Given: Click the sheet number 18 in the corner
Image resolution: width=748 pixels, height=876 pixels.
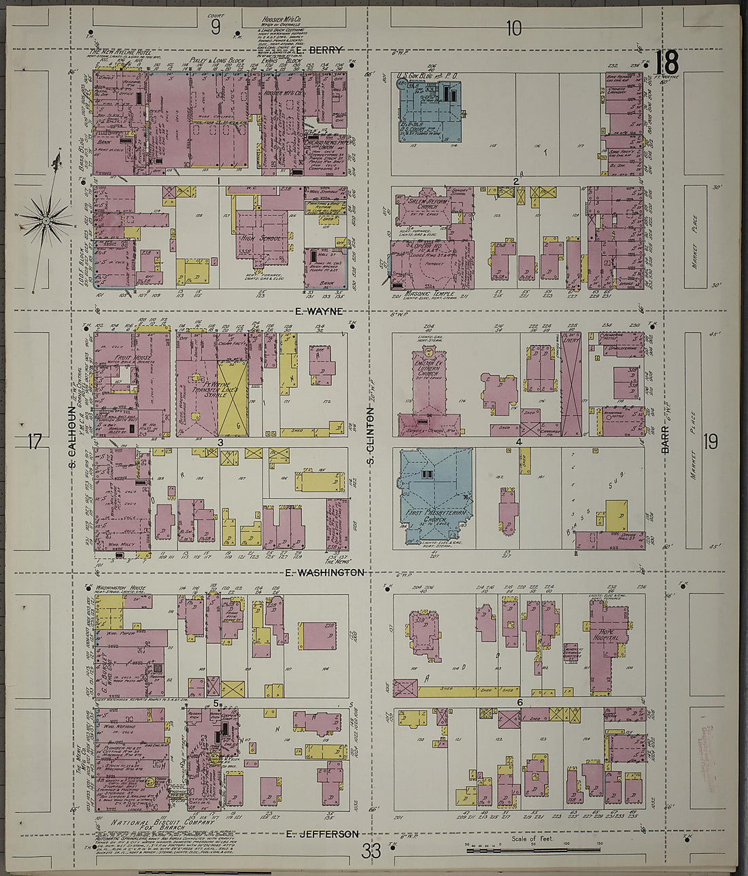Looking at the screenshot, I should point(666,63).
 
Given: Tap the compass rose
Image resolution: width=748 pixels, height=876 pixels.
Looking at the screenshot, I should point(46,219).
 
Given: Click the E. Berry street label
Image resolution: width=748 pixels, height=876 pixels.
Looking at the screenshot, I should point(320,50).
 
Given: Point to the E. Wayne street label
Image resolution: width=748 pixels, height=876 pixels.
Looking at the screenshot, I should point(319,311).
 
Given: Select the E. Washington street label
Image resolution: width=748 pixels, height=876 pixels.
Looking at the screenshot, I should point(325,572).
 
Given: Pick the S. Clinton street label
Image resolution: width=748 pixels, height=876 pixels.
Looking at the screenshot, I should point(371,436).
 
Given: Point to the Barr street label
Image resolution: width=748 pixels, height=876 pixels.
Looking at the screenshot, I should point(665,440).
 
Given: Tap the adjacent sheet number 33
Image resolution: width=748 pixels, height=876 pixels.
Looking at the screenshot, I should point(372,851).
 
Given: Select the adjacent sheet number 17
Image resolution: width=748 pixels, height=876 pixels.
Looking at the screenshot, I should point(35,442).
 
